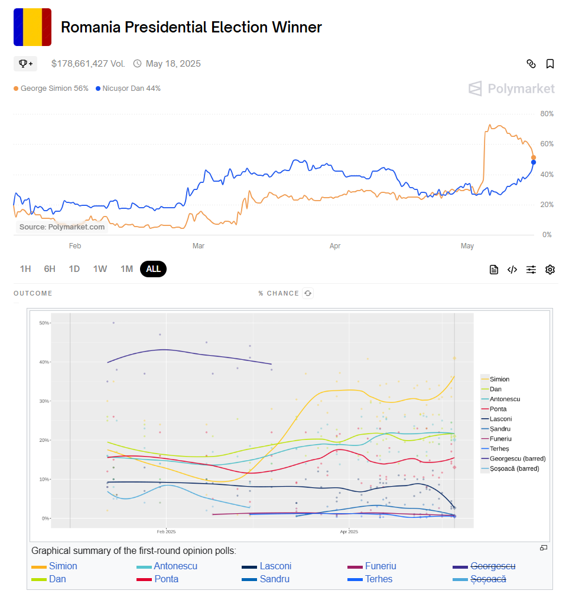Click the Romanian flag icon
32,27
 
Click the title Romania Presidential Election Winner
191,27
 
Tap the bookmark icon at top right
550,64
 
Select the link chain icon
531,64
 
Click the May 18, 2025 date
173,64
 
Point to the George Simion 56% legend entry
51,88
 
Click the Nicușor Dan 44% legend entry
128,88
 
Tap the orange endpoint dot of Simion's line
534,158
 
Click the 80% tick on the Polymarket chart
547,114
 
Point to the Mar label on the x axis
199,246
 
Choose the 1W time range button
100,269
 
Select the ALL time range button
154,269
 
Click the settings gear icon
550,270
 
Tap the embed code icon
512,270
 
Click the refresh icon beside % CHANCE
307,293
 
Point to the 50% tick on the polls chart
44,323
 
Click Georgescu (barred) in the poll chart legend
518,458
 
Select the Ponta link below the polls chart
166,579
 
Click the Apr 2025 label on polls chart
349,532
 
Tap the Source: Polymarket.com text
62,227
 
